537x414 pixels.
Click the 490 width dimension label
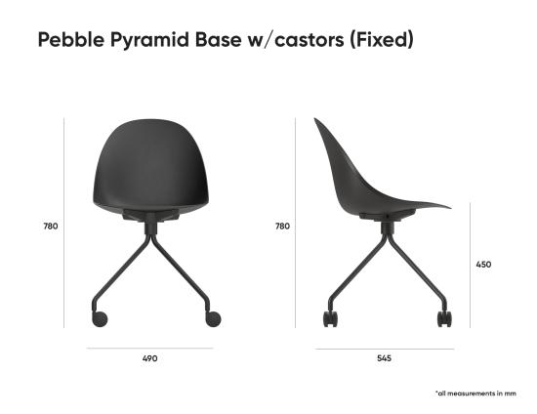point(149,358)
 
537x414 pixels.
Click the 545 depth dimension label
point(384,358)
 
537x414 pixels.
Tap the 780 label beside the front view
point(51,226)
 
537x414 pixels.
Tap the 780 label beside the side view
point(282,226)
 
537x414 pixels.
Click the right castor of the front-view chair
point(214,318)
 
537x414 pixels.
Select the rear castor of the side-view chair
point(330,319)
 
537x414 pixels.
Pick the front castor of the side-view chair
point(444,319)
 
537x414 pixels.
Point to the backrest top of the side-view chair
point(318,122)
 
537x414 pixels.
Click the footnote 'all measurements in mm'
point(475,393)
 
